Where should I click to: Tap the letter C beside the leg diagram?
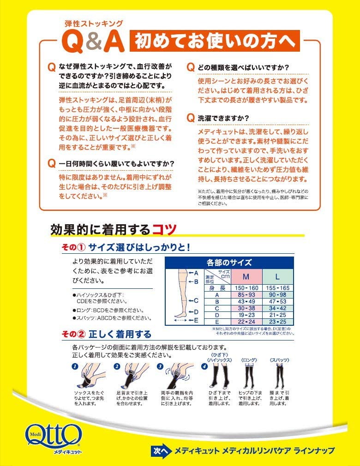coord(196,300)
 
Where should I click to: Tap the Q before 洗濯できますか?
coord(190,118)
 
